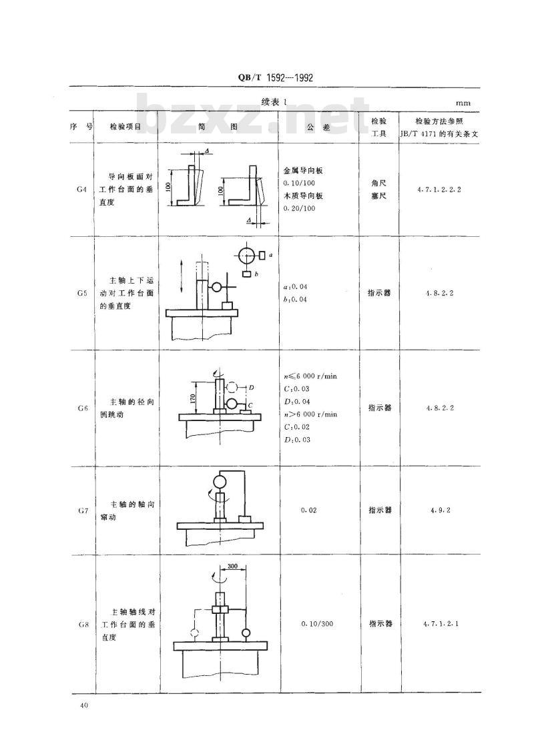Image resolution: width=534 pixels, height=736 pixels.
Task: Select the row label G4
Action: click(x=81, y=190)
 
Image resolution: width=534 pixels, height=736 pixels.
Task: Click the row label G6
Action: click(x=83, y=408)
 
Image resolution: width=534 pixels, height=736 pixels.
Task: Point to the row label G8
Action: click(x=83, y=625)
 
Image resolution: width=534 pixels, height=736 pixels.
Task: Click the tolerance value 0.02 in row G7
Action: click(x=308, y=510)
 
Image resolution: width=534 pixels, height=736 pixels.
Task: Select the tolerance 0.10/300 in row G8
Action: click(x=317, y=624)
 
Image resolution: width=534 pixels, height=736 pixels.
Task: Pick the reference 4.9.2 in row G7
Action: click(x=440, y=510)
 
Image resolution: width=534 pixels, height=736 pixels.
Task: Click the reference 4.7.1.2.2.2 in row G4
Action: click(x=439, y=190)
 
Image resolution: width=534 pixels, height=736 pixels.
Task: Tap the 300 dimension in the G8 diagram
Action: click(x=232, y=566)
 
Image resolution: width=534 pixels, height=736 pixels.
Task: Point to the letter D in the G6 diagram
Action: click(x=251, y=387)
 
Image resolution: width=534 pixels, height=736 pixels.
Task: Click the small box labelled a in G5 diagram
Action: click(x=262, y=255)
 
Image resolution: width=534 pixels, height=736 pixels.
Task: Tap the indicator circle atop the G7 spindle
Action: click(x=220, y=482)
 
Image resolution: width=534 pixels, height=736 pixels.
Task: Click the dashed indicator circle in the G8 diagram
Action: click(x=195, y=633)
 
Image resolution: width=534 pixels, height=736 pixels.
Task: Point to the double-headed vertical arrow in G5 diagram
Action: click(x=182, y=277)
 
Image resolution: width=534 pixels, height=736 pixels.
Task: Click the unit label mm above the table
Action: click(x=463, y=103)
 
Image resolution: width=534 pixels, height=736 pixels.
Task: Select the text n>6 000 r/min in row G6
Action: click(x=310, y=414)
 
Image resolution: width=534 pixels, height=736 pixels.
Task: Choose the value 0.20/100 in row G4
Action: click(x=300, y=208)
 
